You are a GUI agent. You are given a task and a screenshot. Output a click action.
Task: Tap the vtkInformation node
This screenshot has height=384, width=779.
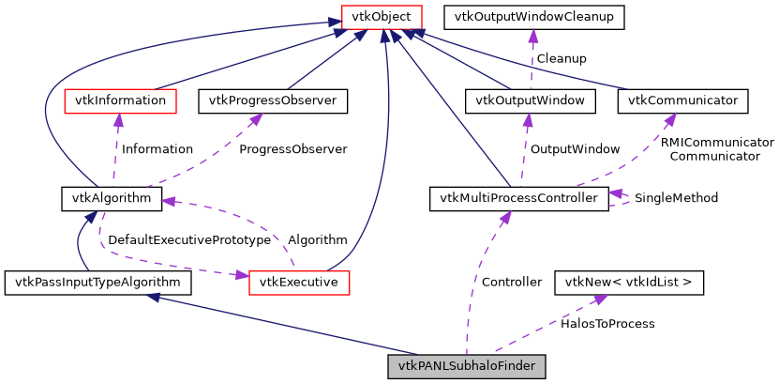click(119, 100)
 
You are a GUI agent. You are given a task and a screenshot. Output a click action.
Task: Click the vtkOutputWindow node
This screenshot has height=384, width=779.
click(530, 100)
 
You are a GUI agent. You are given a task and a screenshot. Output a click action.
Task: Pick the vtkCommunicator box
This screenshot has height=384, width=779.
click(683, 100)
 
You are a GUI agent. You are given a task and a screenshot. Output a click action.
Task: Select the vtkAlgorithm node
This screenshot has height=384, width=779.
click(112, 199)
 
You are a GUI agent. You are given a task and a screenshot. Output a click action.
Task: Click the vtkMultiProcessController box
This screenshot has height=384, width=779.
click(518, 199)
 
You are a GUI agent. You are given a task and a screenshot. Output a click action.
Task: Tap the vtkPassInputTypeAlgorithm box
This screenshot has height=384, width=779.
click(97, 282)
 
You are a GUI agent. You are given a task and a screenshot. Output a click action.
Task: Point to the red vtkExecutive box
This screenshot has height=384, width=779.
click(299, 282)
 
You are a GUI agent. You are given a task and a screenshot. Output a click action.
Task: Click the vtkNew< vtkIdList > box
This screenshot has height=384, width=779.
click(629, 282)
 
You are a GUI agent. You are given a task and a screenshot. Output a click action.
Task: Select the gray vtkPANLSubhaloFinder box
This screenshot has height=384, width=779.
click(466, 365)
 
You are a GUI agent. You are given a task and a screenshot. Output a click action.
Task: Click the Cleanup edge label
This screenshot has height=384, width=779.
click(561, 58)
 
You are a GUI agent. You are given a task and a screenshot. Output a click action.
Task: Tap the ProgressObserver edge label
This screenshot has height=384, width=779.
click(292, 149)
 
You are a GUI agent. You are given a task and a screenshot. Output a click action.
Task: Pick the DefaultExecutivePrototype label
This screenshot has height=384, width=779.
click(189, 240)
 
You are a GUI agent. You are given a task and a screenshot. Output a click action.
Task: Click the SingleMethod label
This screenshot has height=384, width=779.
click(676, 199)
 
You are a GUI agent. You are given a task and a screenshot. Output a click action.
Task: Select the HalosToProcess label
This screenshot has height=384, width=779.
click(607, 324)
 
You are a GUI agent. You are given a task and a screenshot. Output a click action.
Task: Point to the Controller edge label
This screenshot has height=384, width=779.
click(511, 282)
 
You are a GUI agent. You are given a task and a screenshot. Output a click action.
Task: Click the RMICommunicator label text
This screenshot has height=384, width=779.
click(717, 143)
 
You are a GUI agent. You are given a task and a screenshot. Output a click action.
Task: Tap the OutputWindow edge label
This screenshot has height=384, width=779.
click(575, 149)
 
